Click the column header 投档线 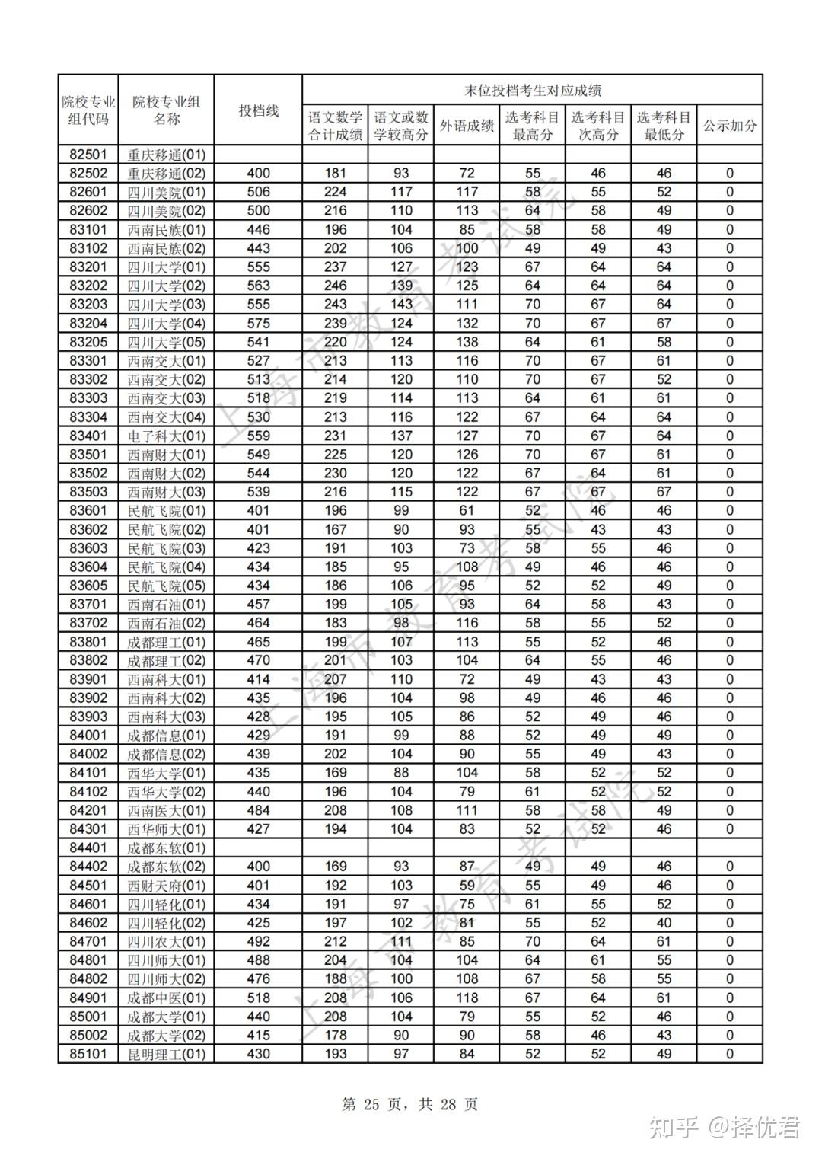[258, 110]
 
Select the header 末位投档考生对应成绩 [533, 90]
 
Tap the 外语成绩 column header [467, 126]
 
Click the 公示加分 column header [729, 126]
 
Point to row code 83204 [88, 323]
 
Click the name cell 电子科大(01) [166, 436]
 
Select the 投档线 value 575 [258, 323]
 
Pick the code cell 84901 [88, 998]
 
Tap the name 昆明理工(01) [166, 1054]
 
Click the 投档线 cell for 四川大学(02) [258, 286]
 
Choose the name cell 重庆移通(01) [166, 155]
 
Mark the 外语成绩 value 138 [467, 342]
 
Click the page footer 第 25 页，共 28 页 [410, 1104]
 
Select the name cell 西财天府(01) [166, 886]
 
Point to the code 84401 [88, 848]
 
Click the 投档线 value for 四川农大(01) [258, 941]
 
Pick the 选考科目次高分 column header [597, 126]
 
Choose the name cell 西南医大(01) [166, 810]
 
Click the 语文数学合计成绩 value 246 [335, 286]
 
